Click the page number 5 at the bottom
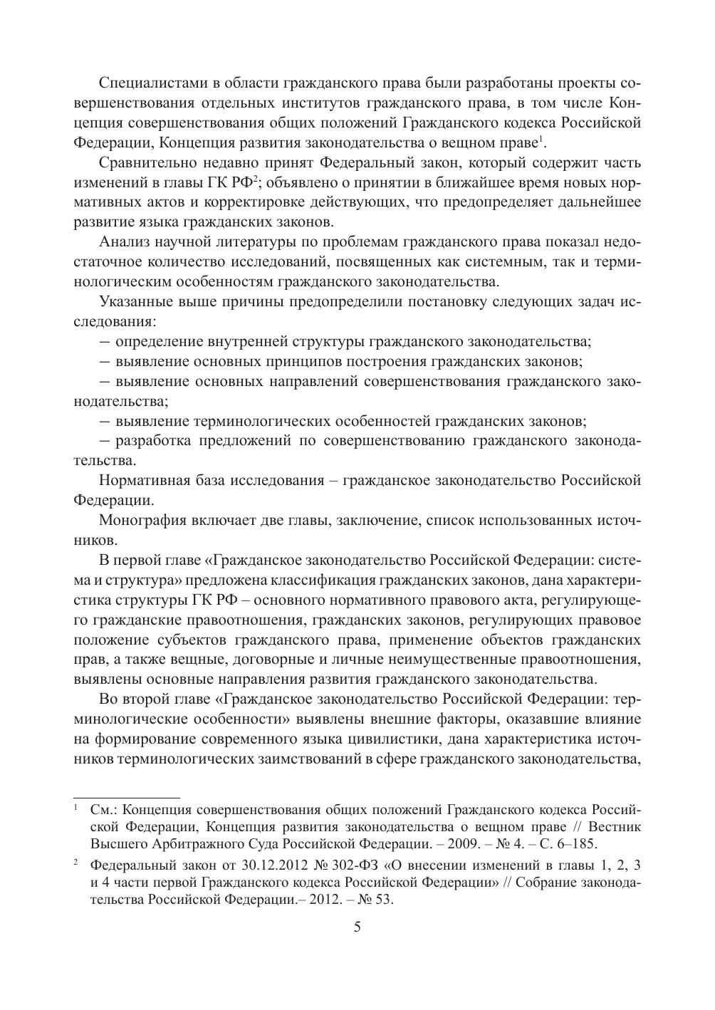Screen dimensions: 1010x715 click(x=357, y=927)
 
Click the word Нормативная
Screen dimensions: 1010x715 click(x=142, y=479)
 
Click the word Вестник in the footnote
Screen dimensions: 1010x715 click(x=612, y=827)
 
